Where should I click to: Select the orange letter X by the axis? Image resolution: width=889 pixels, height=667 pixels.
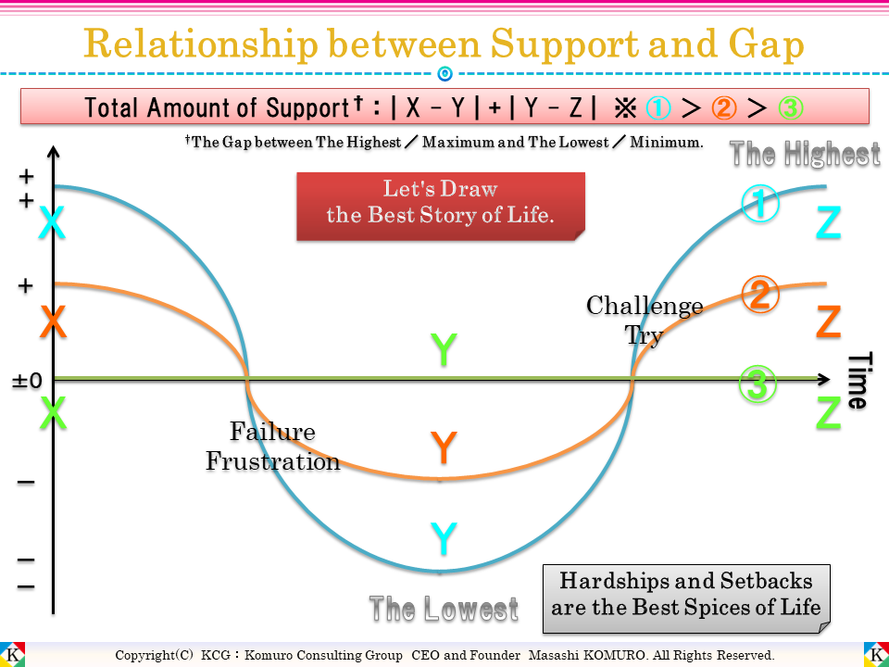(53, 321)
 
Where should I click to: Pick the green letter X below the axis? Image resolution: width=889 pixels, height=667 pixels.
(53, 413)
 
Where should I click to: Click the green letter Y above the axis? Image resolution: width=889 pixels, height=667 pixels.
(444, 350)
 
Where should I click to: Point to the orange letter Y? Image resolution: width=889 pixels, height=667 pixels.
(444, 448)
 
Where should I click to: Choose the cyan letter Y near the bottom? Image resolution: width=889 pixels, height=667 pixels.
(444, 538)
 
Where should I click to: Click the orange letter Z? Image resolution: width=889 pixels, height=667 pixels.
(829, 321)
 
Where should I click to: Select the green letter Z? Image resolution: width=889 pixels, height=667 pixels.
(829, 413)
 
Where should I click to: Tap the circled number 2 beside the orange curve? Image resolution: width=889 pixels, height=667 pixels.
(760, 295)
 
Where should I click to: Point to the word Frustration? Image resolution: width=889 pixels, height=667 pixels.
(273, 461)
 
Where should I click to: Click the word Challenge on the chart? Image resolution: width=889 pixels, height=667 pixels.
(645, 306)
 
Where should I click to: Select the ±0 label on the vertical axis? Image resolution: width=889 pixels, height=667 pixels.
(28, 380)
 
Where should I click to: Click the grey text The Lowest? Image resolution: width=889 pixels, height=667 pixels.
(444, 609)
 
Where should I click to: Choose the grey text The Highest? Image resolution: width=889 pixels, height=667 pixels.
(805, 154)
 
